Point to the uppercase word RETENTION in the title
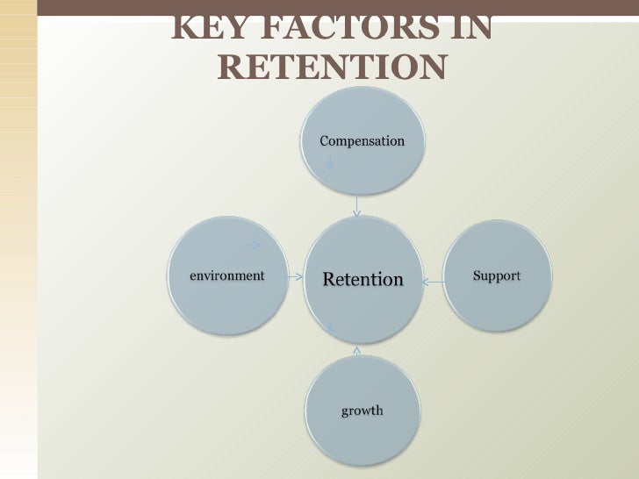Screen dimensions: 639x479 click(x=330, y=67)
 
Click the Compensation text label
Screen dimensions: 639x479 click(x=362, y=141)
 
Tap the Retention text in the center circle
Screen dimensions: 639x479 click(x=363, y=280)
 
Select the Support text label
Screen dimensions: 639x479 click(x=497, y=275)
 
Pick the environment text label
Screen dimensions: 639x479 click(x=227, y=275)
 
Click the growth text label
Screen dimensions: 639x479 click(x=362, y=411)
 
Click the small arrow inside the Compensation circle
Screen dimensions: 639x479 click(x=329, y=163)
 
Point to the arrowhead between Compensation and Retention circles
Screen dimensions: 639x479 click(x=356, y=210)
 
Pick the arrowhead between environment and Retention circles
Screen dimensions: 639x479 click(x=298, y=275)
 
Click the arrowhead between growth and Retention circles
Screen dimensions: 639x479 click(x=356, y=350)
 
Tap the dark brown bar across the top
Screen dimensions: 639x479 click(x=319, y=7)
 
